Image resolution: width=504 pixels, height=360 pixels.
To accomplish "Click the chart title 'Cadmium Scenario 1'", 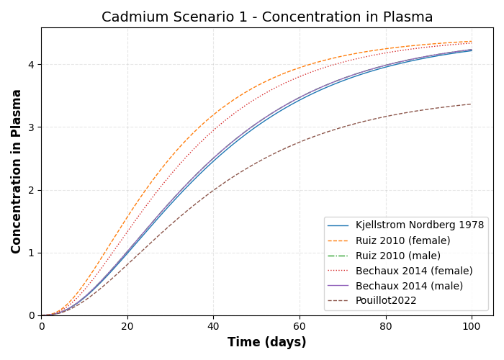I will click(267, 17).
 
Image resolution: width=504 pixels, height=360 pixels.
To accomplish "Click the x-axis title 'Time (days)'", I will click(267, 343).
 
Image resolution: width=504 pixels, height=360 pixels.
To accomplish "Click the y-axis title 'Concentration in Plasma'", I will click(17, 171).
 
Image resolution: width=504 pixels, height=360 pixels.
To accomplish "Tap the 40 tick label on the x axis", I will click(213, 326).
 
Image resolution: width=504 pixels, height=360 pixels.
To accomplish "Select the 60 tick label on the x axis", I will click(300, 326).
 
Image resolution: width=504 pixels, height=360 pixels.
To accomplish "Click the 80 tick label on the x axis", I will click(386, 326).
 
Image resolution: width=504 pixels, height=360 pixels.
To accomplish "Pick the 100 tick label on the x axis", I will click(472, 326).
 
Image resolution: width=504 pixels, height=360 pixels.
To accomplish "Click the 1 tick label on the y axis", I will click(32, 253).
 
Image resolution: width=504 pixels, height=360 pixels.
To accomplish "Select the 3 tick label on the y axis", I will click(32, 127).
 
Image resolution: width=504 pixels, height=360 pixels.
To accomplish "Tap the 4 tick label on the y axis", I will click(32, 65).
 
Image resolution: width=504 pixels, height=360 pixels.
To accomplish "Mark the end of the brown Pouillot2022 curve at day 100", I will click(472, 104).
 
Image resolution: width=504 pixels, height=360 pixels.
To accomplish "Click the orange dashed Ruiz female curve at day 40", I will click(213, 114).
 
